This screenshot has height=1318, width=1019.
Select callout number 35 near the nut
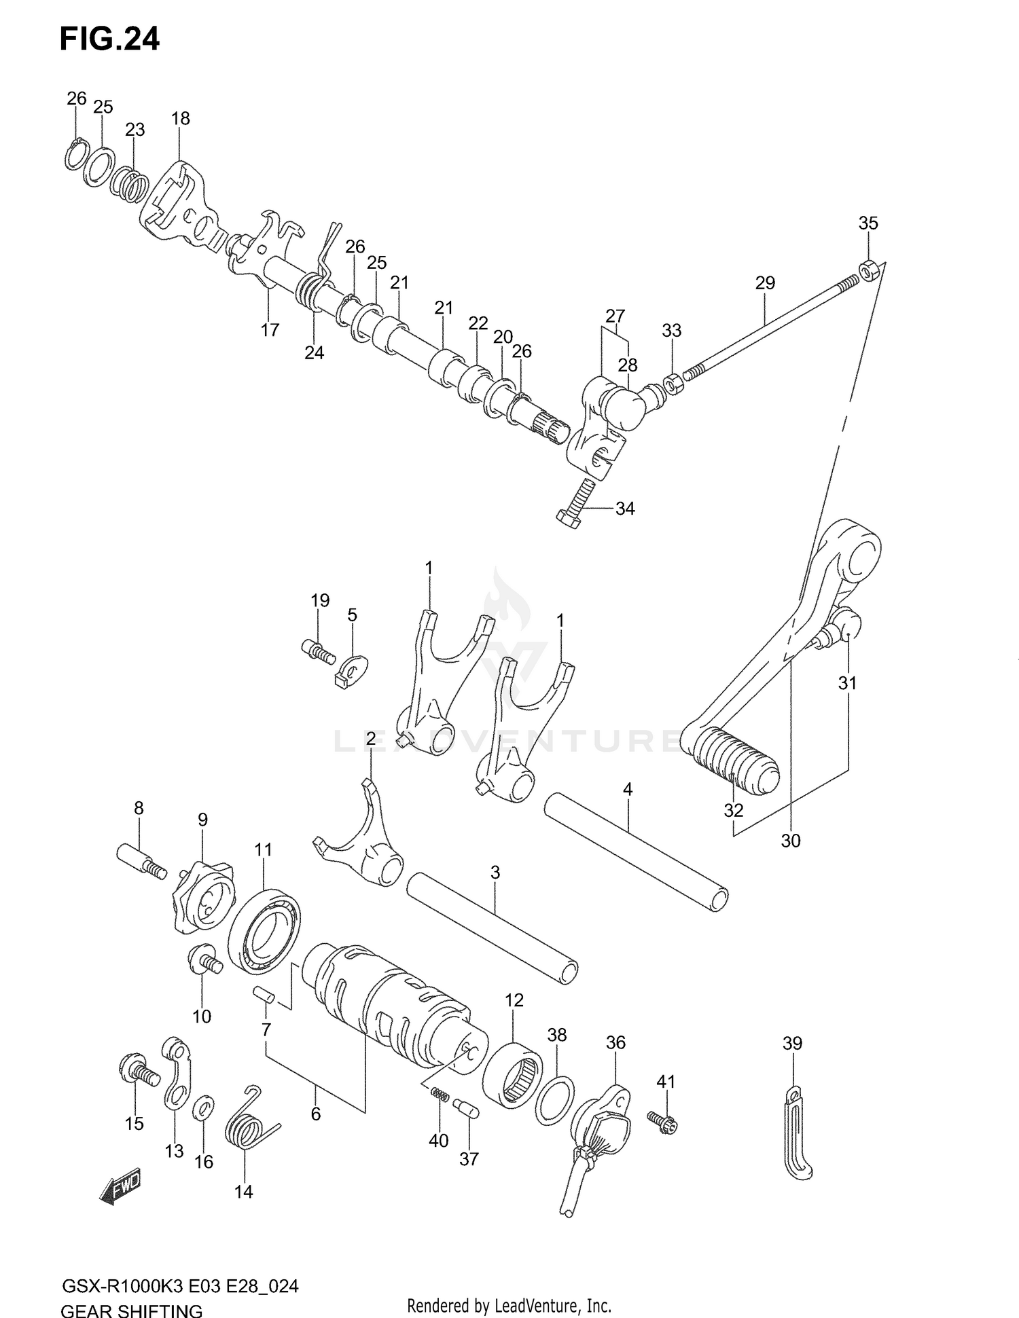868,223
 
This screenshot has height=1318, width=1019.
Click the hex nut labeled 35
869,270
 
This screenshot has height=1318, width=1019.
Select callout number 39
792,1042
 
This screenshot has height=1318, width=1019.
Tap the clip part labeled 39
797,1134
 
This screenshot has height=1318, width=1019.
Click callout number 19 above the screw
320,600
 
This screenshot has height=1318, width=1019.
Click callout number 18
180,118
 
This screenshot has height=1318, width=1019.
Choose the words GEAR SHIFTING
132,1309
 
